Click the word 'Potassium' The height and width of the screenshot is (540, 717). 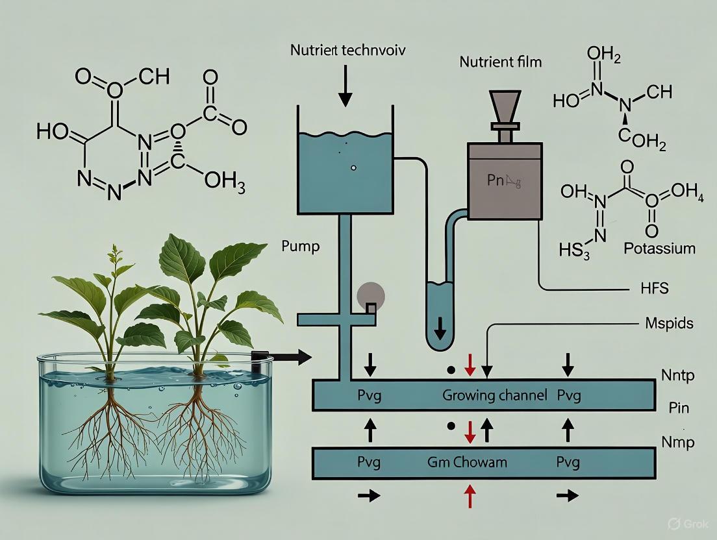coord(659,248)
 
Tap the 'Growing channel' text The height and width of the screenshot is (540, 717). coord(494,395)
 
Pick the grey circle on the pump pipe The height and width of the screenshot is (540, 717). coord(371,296)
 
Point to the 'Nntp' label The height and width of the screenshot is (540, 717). coord(676,374)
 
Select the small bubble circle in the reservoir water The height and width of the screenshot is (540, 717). coord(353,167)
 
